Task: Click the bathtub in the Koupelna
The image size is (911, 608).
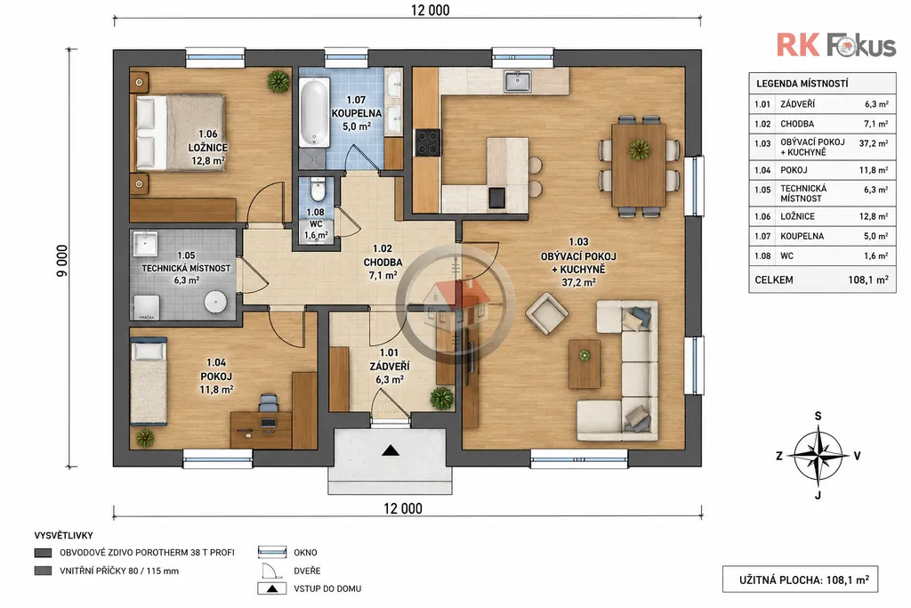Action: coord(314,112)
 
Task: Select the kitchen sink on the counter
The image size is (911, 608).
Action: coord(518,81)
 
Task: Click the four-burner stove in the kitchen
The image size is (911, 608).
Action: coord(428,142)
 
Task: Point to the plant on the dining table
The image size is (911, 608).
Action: coord(639,150)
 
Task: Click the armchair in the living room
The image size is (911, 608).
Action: coord(546,314)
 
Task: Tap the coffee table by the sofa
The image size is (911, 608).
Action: coord(584,364)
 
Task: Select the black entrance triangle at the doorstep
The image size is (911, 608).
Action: coord(391,450)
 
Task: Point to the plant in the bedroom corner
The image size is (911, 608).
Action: coord(278,81)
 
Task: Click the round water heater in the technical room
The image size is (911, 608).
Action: coord(215,301)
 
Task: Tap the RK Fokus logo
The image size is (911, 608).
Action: coord(836,45)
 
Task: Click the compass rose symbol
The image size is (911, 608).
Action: coord(818,456)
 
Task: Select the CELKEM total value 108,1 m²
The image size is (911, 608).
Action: coord(868,280)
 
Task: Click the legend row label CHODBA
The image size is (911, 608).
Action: coord(797,124)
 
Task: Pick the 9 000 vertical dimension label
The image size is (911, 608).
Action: coord(61,261)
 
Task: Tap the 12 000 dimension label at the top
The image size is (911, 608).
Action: coord(430,10)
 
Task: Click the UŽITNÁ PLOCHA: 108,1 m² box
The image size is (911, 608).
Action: coord(800,579)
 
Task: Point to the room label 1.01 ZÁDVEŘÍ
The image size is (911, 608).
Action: coord(390,366)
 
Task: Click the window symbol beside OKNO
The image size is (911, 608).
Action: coord(272,552)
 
